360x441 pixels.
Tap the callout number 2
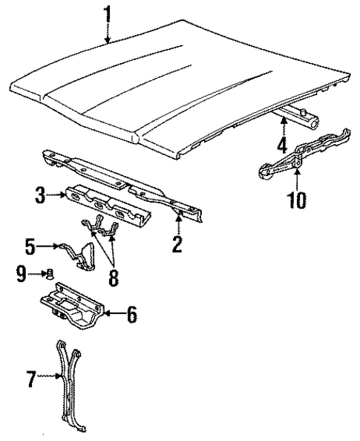click(x=177, y=243)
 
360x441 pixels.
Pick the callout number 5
click(x=30, y=244)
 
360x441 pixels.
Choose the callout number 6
click(x=131, y=315)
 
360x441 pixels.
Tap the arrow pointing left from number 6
click(x=111, y=315)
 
